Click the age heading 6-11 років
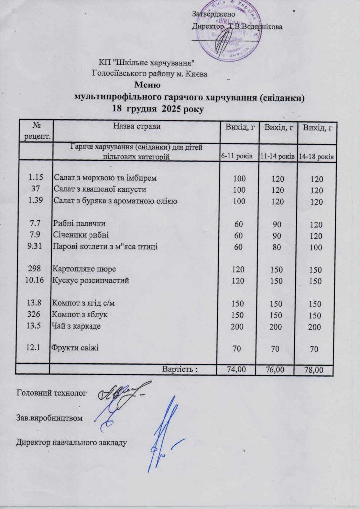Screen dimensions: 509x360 (237, 156)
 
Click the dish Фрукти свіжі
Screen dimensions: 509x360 (74, 347)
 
